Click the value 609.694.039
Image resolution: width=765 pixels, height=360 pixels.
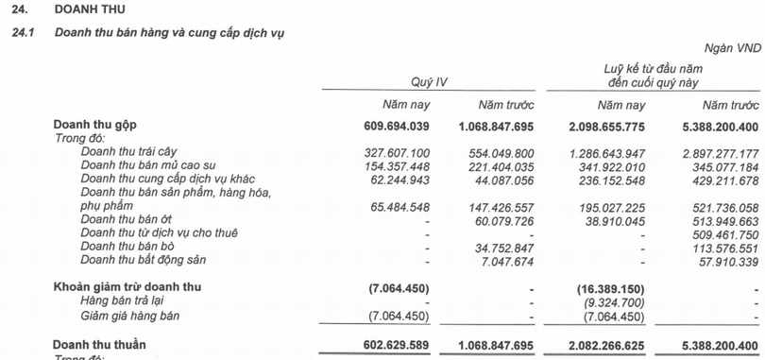tap(397, 125)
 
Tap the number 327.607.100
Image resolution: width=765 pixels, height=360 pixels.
tap(397, 151)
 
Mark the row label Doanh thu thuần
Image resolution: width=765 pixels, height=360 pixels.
tap(100, 345)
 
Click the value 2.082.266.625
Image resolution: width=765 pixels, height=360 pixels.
tap(600, 345)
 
